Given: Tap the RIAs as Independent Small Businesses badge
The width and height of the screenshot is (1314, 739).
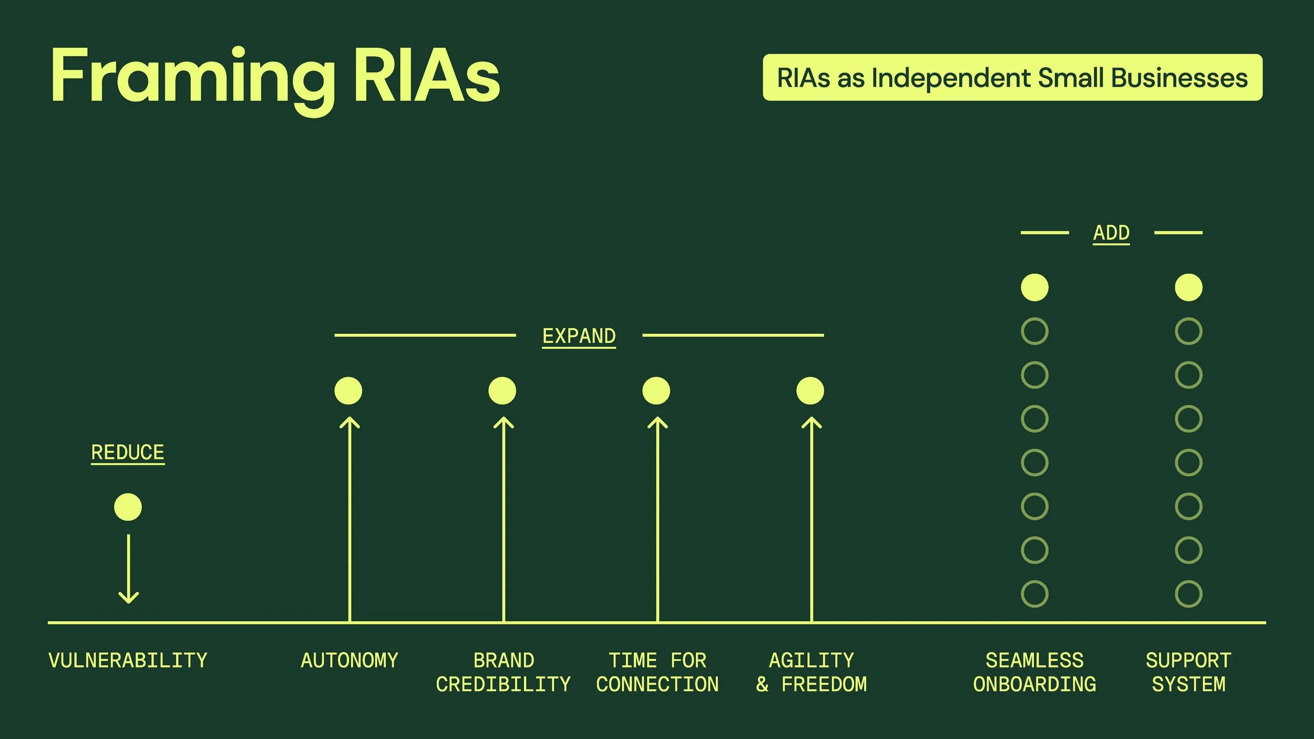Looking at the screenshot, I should [1012, 77].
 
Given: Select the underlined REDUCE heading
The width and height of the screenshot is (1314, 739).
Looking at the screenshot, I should [128, 453].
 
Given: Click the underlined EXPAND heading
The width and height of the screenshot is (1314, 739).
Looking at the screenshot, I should [579, 336].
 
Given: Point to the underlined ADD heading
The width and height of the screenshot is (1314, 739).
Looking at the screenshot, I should [1111, 232].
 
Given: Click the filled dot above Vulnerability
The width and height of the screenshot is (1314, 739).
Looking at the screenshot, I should [128, 507].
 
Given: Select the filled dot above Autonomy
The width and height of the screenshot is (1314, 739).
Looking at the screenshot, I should [348, 391].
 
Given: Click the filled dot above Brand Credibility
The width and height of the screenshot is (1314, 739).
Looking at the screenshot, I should [502, 391].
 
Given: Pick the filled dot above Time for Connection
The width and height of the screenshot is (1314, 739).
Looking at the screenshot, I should [656, 391].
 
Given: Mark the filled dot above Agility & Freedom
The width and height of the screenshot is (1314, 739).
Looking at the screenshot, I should [810, 391].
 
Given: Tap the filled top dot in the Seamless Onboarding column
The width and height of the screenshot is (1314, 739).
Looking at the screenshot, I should [1034, 288].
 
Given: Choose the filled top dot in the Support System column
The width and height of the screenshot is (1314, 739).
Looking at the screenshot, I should [1188, 288].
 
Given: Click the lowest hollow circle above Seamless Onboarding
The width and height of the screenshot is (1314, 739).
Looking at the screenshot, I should [1034, 594].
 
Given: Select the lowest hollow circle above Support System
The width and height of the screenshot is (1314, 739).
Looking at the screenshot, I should [1188, 594].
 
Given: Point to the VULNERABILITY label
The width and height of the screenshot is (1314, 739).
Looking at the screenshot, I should [128, 661].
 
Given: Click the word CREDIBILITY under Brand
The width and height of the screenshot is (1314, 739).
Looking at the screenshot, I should [503, 684].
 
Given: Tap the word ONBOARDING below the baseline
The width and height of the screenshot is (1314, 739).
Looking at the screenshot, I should [1034, 684].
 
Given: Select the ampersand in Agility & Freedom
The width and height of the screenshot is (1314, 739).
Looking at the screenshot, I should [762, 684].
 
